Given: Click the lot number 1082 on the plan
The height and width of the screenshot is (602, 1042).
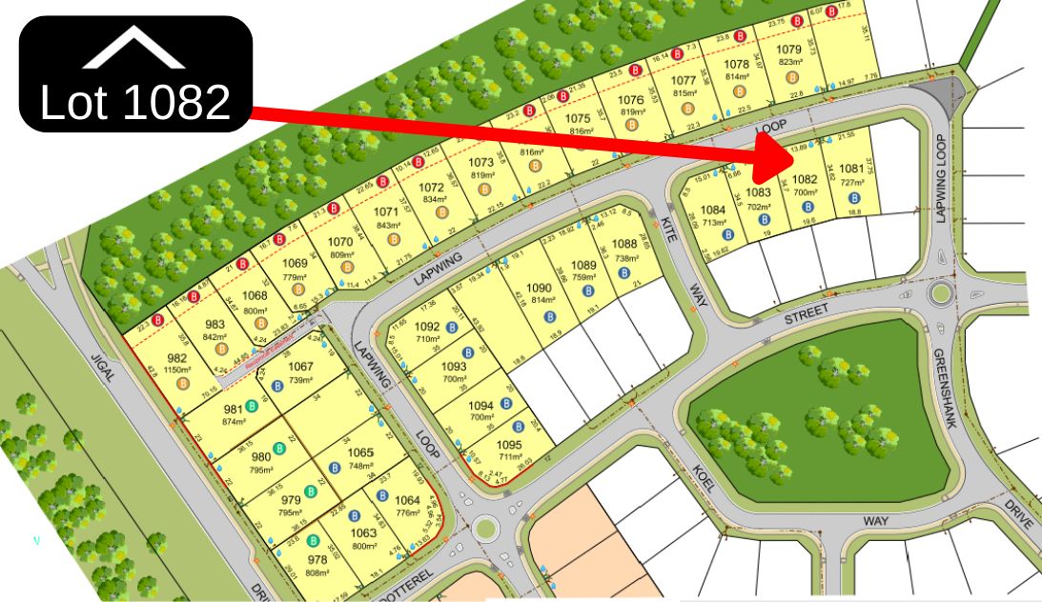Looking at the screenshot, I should pyautogui.click(x=806, y=179).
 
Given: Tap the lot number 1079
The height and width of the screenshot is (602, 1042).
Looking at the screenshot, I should pyautogui.click(x=787, y=50).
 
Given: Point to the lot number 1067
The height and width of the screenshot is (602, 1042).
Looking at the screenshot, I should pyautogui.click(x=300, y=368).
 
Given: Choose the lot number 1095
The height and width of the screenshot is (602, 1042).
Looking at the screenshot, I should pyautogui.click(x=510, y=445).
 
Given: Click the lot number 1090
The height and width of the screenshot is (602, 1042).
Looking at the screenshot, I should pyautogui.click(x=540, y=288).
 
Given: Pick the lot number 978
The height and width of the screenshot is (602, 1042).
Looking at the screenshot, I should pyautogui.click(x=317, y=560).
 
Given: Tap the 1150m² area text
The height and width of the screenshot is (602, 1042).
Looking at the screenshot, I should pyautogui.click(x=177, y=369).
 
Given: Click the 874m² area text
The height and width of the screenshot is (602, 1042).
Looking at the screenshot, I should pyautogui.click(x=235, y=422).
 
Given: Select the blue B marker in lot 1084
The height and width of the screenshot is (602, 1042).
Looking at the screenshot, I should pyautogui.click(x=727, y=233).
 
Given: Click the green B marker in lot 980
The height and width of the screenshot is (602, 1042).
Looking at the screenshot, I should pyautogui.click(x=280, y=448).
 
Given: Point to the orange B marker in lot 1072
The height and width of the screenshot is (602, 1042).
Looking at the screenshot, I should pyautogui.click(x=441, y=211).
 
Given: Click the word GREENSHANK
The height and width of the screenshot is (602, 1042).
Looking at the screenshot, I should pyautogui.click(x=945, y=388).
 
